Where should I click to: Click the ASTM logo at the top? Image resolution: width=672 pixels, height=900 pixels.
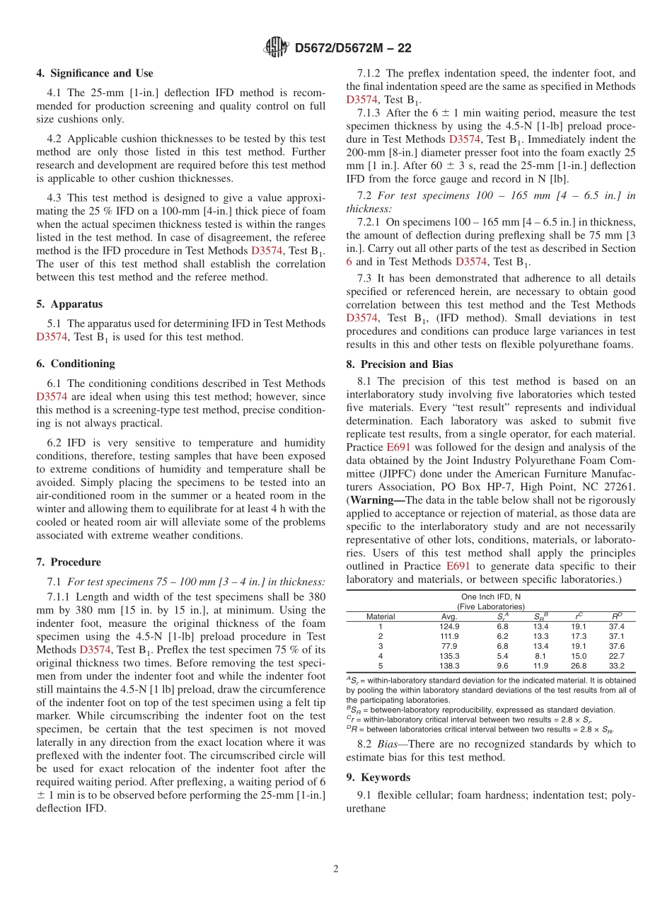point(276,47)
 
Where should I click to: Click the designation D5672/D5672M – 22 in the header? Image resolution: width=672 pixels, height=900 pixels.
point(352,48)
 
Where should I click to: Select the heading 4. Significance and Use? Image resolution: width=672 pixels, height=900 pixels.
point(95,73)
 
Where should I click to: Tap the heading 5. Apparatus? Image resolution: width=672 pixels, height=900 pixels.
point(69,304)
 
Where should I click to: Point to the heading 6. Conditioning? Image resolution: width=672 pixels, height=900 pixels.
point(75,364)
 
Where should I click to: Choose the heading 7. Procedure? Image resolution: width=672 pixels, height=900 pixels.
point(69,562)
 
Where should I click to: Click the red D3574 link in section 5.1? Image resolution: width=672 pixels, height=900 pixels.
point(51,337)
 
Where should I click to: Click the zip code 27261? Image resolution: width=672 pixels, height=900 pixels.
point(619,487)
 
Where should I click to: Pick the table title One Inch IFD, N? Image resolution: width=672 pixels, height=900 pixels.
point(490,596)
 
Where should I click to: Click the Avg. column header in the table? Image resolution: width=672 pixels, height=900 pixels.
point(449,616)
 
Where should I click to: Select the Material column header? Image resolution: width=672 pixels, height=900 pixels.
point(380,616)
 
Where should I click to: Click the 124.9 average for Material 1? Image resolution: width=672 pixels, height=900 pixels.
point(449,626)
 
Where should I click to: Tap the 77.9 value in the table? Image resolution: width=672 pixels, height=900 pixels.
point(449,646)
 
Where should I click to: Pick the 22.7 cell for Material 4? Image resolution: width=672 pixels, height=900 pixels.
point(616,656)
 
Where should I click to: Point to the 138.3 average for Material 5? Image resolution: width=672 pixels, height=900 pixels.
point(449,666)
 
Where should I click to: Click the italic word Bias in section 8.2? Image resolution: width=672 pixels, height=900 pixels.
point(395,744)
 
